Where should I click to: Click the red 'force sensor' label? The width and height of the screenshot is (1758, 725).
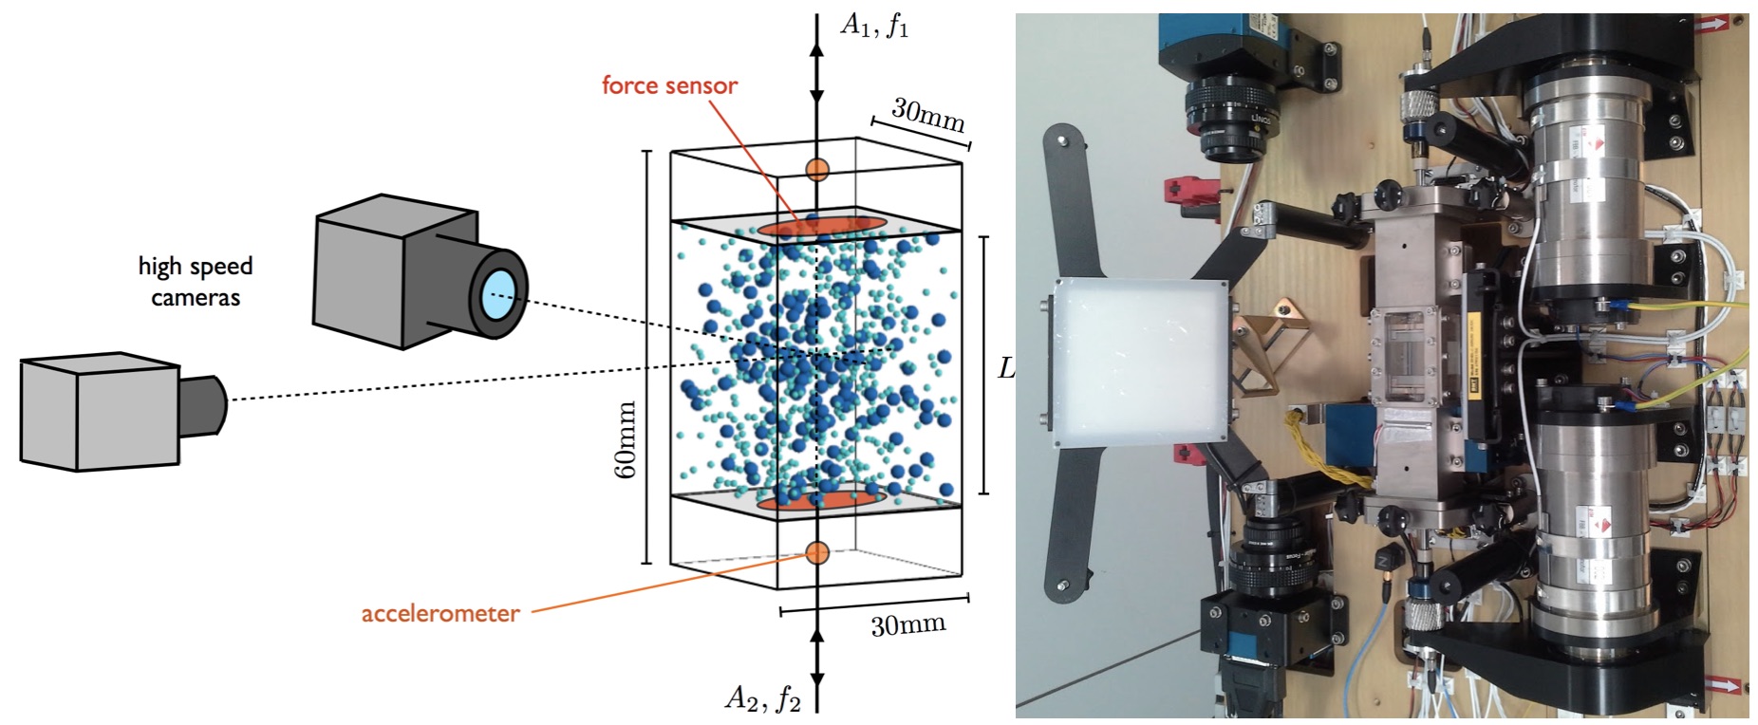[669, 85]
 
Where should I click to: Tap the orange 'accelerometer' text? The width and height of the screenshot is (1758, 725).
[440, 613]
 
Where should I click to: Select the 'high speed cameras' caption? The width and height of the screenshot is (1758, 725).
[196, 281]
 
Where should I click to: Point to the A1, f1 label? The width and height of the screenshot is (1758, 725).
[874, 25]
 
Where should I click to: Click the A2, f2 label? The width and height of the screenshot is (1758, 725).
[762, 698]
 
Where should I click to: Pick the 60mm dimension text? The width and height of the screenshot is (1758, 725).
[627, 438]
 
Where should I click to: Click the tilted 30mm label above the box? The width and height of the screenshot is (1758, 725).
[927, 116]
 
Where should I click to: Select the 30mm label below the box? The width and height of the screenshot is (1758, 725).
[907, 624]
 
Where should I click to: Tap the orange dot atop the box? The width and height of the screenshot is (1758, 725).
[817, 170]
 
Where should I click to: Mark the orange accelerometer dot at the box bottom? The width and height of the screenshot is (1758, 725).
[817, 552]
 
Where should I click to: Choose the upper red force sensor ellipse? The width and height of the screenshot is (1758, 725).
[822, 227]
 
